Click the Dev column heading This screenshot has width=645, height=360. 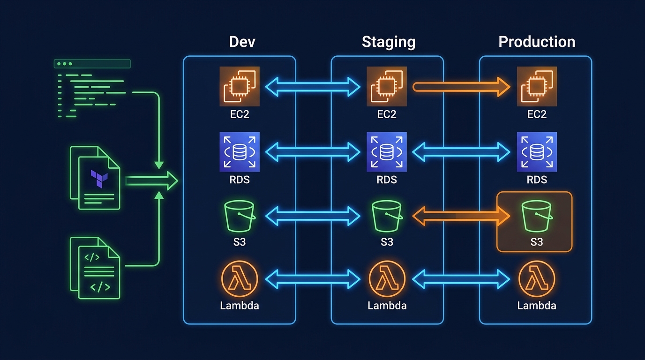tap(242, 42)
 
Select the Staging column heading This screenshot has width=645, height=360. tap(389, 42)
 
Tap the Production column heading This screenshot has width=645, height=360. tap(537, 42)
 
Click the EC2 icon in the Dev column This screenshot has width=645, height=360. tap(240, 86)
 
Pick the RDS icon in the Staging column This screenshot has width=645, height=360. tap(387, 152)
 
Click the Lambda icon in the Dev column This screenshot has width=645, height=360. tap(239, 279)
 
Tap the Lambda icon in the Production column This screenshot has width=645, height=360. tap(537, 279)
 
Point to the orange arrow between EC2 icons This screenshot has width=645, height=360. tap(461, 87)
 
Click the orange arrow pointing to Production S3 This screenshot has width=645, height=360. tap(461, 216)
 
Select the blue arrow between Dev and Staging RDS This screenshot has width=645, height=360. tap(313, 152)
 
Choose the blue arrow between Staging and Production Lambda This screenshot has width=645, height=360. tap(461, 280)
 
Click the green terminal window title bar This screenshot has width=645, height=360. tap(92, 64)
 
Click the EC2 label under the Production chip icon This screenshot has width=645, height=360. tap(537, 114)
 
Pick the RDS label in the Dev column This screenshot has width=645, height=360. tap(240, 180)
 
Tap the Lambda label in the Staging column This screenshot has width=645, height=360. tap(387, 306)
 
